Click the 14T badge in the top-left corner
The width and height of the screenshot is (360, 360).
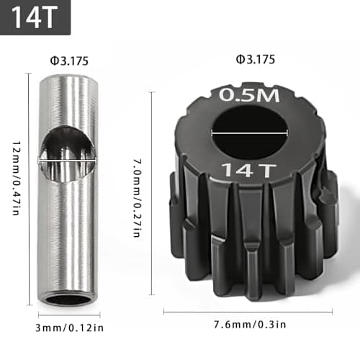pos(35,17)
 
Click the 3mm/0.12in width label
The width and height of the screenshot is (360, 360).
pos(69,329)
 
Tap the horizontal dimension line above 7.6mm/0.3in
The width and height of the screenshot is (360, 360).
pos(248,312)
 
